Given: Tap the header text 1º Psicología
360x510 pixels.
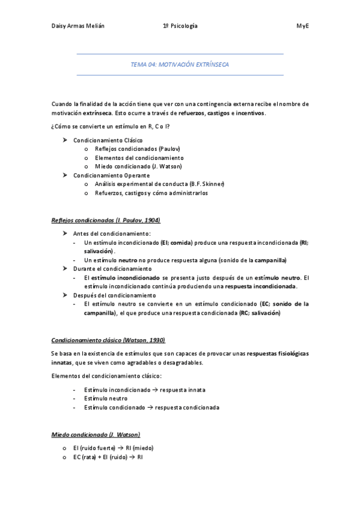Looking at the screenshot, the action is [x=180, y=26].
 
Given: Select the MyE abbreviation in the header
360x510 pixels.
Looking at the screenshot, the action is [x=302, y=26].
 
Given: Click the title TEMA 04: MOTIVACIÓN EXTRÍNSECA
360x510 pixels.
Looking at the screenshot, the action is [x=180, y=64].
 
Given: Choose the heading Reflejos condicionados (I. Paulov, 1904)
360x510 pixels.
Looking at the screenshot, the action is [x=106, y=221].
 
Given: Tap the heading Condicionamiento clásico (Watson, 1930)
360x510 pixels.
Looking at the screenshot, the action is [x=108, y=340].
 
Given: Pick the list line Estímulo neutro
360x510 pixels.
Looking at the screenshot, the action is [x=106, y=398].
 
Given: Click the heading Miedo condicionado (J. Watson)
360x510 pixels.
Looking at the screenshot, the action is [x=96, y=434].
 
